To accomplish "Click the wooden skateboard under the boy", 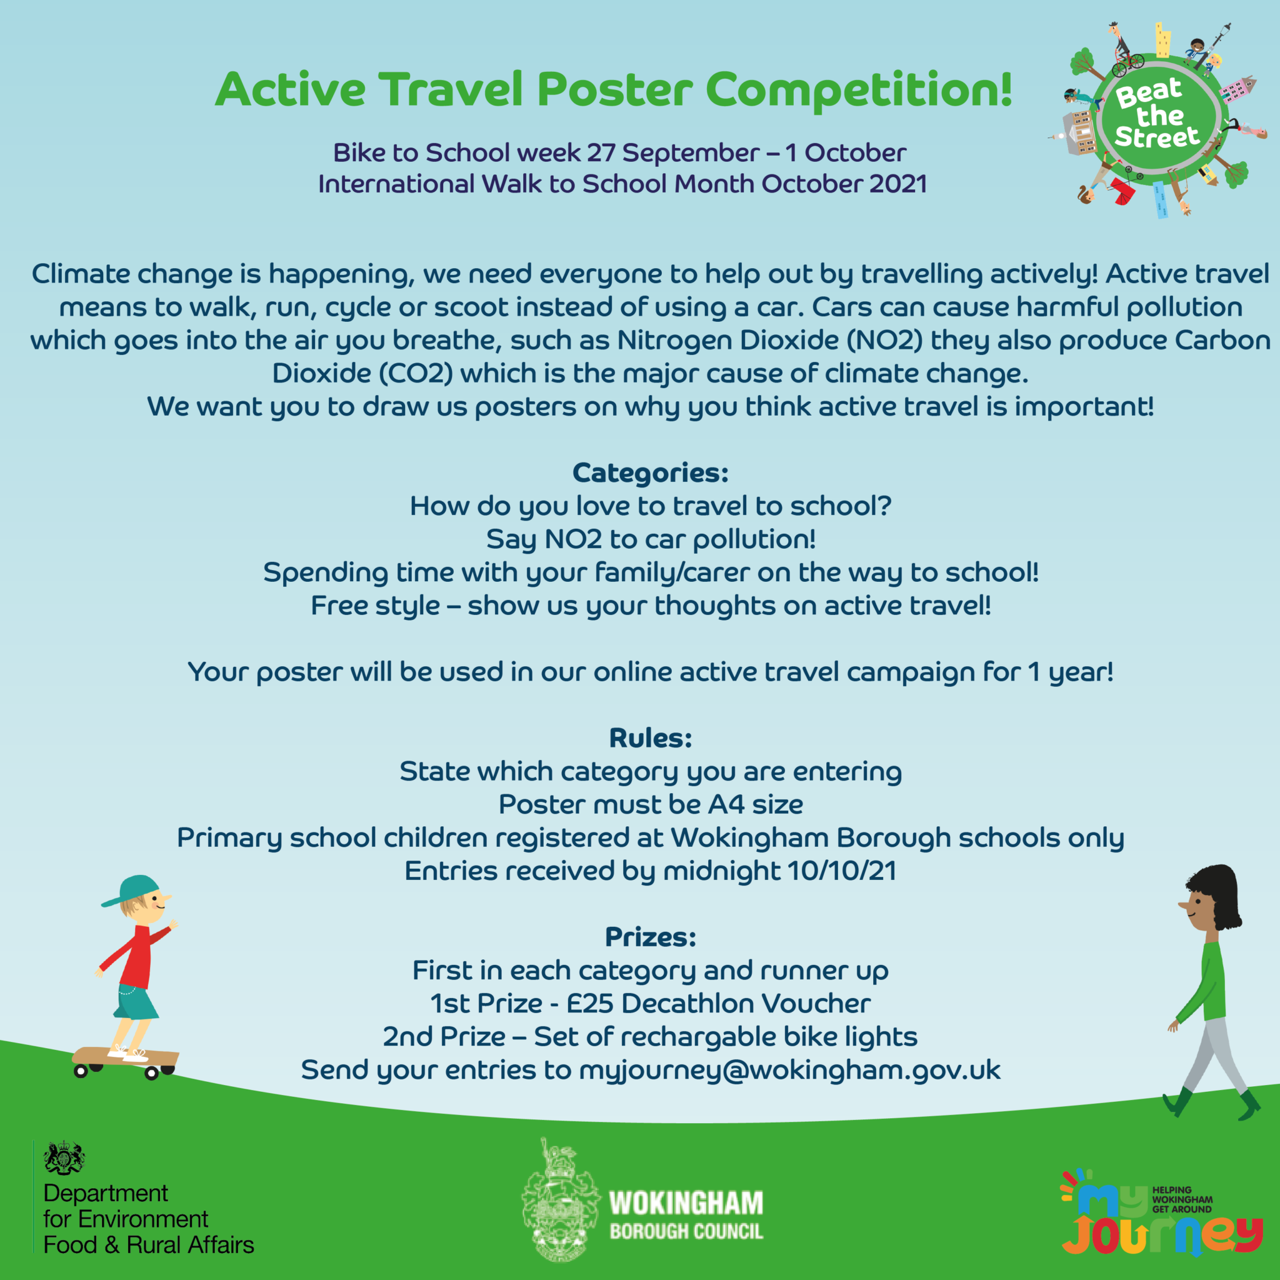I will [125, 1058].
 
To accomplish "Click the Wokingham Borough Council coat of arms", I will [561, 1200].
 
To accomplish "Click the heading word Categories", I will [650, 473].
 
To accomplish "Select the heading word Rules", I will [650, 738].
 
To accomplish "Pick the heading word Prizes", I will [650, 937].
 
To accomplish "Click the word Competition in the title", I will [859, 90].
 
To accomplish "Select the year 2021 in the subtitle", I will [897, 184].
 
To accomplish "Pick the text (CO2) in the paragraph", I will [416, 374].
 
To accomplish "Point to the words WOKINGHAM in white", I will [686, 1202].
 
